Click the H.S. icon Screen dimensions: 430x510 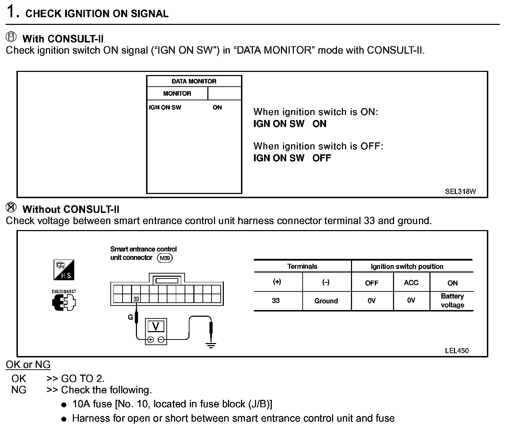click(x=64, y=270)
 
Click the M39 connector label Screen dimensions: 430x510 click(x=165, y=258)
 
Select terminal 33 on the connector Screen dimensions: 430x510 click(x=136, y=299)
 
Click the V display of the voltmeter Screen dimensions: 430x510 click(x=156, y=327)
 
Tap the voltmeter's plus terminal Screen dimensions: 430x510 click(x=151, y=340)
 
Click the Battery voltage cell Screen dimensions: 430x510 click(x=452, y=301)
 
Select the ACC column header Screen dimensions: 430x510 click(x=411, y=283)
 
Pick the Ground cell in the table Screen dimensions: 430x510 click(x=326, y=301)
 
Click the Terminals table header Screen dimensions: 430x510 click(x=302, y=266)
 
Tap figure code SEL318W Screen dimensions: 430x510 click(x=460, y=192)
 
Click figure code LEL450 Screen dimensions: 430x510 click(x=456, y=350)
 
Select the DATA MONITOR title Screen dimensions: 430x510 click(x=194, y=81)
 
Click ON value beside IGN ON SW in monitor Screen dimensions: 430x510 click(x=217, y=107)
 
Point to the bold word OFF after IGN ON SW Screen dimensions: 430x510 click(x=322, y=158)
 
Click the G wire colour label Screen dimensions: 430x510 click(x=130, y=317)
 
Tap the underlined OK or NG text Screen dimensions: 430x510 click(x=28, y=365)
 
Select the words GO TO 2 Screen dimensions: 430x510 click(x=83, y=378)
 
